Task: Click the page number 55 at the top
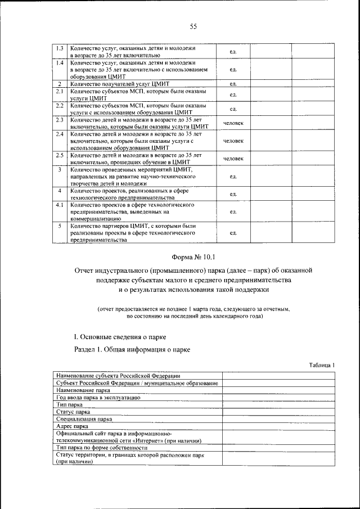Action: (193, 26)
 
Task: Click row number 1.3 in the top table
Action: (60, 48)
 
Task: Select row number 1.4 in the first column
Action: (60, 63)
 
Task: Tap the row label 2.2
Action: (60, 105)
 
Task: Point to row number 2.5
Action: (60, 155)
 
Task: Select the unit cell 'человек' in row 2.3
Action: (233, 123)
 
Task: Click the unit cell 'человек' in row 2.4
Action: (233, 141)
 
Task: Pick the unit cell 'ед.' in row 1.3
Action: (233, 52)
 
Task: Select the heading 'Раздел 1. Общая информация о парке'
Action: (132, 350)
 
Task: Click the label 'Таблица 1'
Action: (322, 364)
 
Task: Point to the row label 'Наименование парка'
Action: (83, 389)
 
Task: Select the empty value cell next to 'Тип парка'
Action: (278, 404)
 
